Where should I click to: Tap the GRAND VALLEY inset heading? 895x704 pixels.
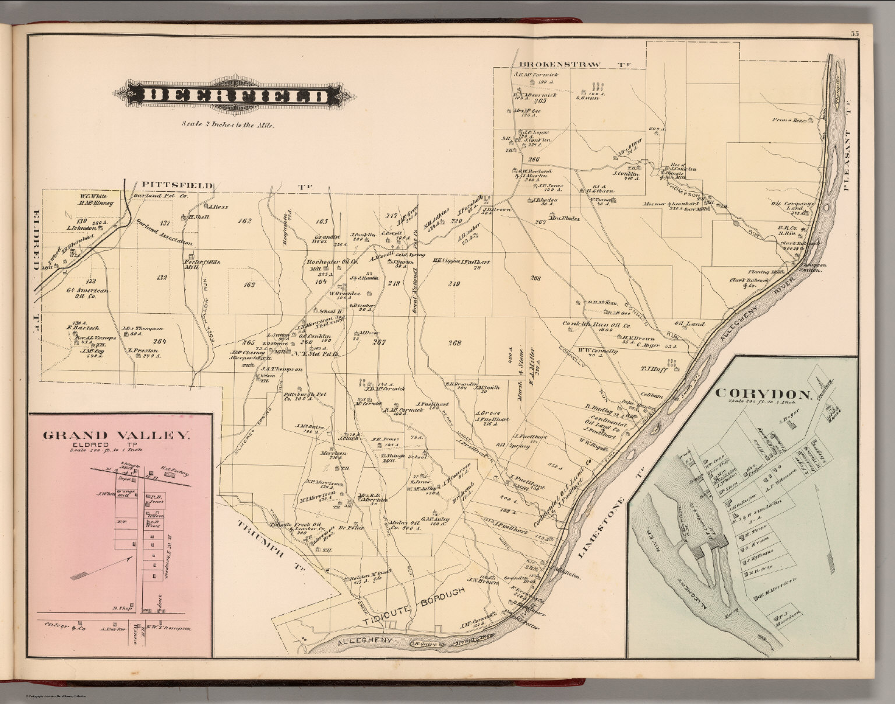click(x=117, y=435)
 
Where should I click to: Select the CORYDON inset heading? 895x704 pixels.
click(x=763, y=394)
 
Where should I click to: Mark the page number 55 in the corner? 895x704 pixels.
click(x=854, y=34)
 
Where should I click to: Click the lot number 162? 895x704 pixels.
click(x=244, y=221)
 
